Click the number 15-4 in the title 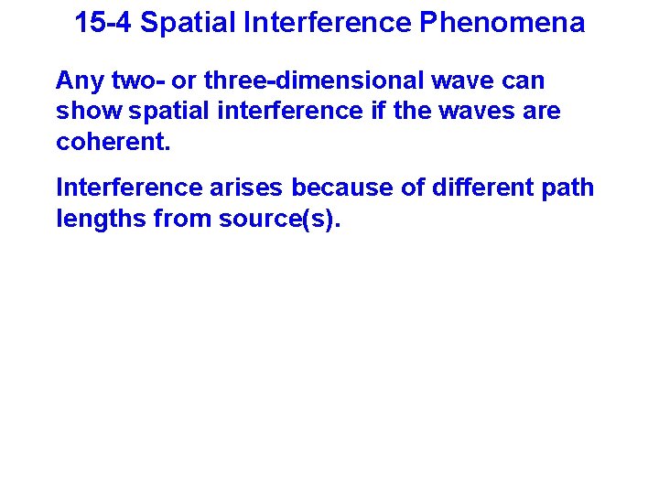pyautogui.click(x=103, y=23)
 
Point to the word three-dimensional pyautogui.click(x=308, y=81)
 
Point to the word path pyautogui.click(x=568, y=188)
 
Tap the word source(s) pyautogui.click(x=278, y=219)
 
